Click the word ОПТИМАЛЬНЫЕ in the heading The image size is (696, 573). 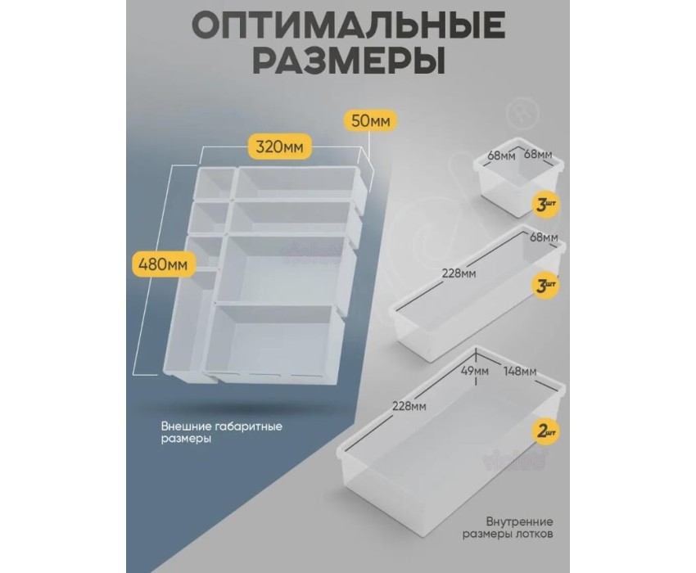348,25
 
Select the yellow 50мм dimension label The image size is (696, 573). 370,120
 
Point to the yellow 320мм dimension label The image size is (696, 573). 280,146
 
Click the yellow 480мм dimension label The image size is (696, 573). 163,264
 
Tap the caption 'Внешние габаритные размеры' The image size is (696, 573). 222,433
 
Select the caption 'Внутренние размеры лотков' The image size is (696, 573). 508,527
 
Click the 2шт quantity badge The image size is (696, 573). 545,431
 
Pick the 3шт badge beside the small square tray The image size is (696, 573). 545,205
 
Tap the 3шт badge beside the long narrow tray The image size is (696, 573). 545,286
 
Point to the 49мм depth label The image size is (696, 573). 474,371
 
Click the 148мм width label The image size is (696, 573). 519,371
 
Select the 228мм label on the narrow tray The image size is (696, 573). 459,273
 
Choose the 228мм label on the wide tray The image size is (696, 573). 409,406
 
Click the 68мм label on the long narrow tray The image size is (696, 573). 544,237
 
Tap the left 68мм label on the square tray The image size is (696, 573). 501,156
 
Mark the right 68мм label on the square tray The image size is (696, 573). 538,155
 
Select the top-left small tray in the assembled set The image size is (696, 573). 214,183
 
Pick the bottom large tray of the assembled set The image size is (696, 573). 272,342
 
